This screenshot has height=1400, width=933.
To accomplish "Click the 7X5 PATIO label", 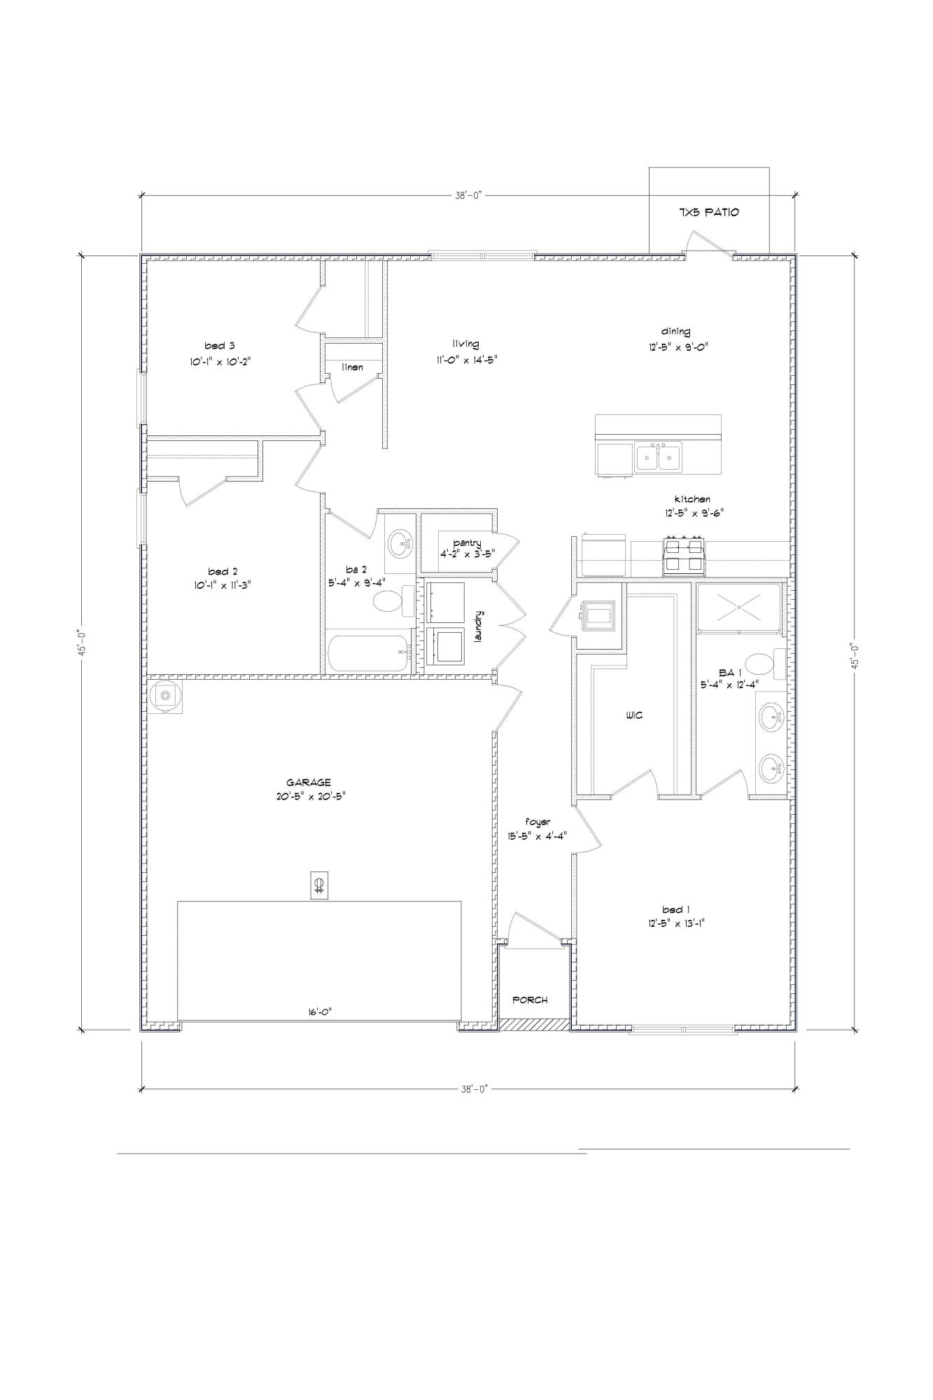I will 708,212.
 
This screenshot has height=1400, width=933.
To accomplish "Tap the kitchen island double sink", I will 658,457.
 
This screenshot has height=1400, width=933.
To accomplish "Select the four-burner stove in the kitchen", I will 683,556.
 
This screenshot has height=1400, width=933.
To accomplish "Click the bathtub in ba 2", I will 368,652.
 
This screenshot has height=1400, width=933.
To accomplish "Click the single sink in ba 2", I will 400,542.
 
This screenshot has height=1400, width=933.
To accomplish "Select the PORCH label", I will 530,1000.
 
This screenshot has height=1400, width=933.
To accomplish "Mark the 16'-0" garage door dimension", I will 318,1011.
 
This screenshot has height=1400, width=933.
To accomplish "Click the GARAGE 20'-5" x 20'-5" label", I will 308,789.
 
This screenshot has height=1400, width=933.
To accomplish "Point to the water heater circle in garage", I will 165,695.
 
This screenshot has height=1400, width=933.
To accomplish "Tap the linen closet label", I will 352,367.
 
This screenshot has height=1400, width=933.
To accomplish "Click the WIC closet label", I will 634,715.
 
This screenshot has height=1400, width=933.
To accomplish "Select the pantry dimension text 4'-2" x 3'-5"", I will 467,552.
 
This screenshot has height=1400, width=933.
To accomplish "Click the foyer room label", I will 538,822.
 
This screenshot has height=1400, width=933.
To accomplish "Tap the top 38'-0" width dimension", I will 469,197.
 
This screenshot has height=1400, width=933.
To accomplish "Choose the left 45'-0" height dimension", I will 81,643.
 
